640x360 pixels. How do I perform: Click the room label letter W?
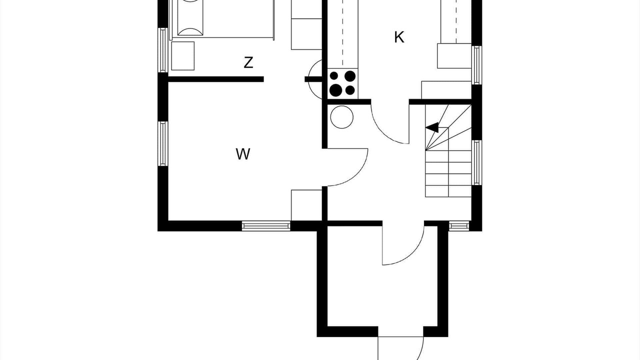tap(243, 154)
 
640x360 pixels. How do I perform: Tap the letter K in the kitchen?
tap(399, 37)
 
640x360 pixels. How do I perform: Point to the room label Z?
tap(248, 62)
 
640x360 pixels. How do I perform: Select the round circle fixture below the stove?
tap(341, 117)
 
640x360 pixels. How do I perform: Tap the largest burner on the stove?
tap(335, 90)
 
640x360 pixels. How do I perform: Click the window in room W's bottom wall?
tap(266, 226)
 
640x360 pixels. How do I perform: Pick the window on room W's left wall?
tap(163, 143)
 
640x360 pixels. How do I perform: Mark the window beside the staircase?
tap(476, 162)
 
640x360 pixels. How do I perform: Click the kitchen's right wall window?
tap(476, 65)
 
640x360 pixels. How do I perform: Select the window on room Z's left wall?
tap(163, 50)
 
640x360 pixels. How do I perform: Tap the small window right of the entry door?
tap(459, 226)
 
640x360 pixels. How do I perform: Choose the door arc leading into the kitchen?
tap(383, 131)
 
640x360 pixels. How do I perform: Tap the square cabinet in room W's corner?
tap(306, 205)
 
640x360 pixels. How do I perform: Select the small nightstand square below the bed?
tap(183, 56)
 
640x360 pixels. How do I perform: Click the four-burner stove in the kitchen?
tap(342, 83)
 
